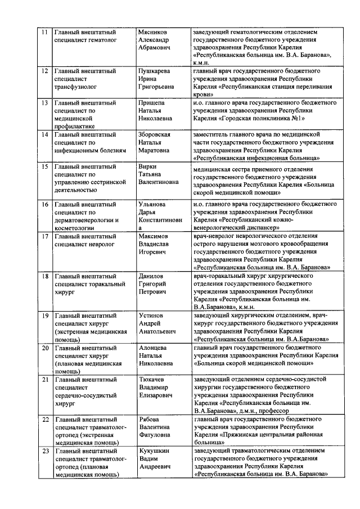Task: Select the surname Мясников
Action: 153,31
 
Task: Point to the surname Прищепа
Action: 152,103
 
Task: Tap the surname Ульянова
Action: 153,204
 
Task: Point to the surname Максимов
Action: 154,236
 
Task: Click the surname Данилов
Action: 151,276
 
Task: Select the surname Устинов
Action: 150,316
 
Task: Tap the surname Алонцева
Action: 152,348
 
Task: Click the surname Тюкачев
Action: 151,380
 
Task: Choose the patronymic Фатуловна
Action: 156,435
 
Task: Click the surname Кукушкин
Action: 154,451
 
